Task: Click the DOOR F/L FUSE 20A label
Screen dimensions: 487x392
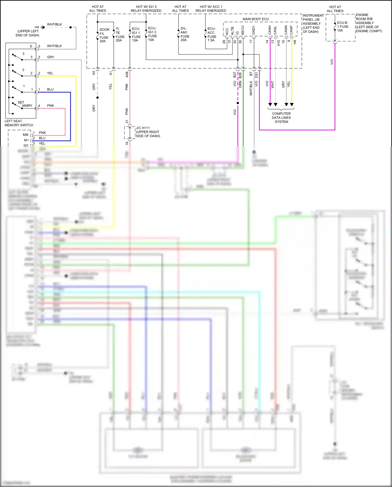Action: click(x=104, y=35)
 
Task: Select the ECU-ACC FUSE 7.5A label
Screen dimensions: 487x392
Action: click(x=212, y=35)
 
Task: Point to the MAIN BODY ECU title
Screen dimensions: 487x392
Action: click(x=255, y=19)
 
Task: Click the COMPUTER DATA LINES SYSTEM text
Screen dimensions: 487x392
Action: click(x=281, y=117)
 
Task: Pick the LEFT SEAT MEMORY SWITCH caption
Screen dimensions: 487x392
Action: click(x=19, y=123)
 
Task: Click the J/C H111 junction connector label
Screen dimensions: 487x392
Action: click(x=148, y=132)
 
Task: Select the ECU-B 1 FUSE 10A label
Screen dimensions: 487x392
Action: click(x=342, y=27)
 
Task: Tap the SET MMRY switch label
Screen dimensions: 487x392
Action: click(x=25, y=104)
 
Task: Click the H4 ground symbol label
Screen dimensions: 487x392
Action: click(x=37, y=27)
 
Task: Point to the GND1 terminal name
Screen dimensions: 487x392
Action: click(x=253, y=30)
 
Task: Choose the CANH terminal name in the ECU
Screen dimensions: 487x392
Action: click(x=270, y=30)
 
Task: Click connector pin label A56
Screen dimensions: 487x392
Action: click(x=127, y=75)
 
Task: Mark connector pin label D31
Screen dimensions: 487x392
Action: click(x=256, y=75)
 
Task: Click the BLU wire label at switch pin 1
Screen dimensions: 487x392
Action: click(x=50, y=89)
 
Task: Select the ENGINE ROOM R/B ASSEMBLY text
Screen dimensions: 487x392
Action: click(x=368, y=23)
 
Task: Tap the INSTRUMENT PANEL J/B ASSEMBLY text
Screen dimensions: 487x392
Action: click(x=313, y=24)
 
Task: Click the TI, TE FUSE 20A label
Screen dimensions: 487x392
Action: click(x=120, y=35)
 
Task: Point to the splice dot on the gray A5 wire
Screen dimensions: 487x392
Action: click(x=97, y=98)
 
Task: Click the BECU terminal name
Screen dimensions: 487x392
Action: click(x=243, y=30)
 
